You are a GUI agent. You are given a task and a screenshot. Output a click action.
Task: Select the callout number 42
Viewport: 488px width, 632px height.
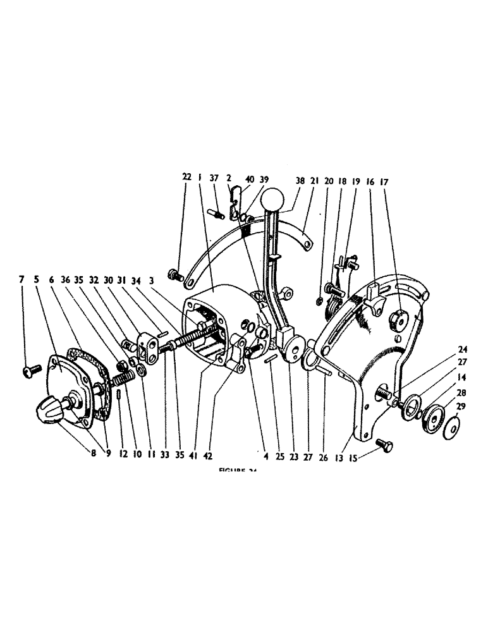(x=224, y=453)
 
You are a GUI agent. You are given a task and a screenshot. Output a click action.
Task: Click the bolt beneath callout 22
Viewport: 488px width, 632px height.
(x=174, y=276)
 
